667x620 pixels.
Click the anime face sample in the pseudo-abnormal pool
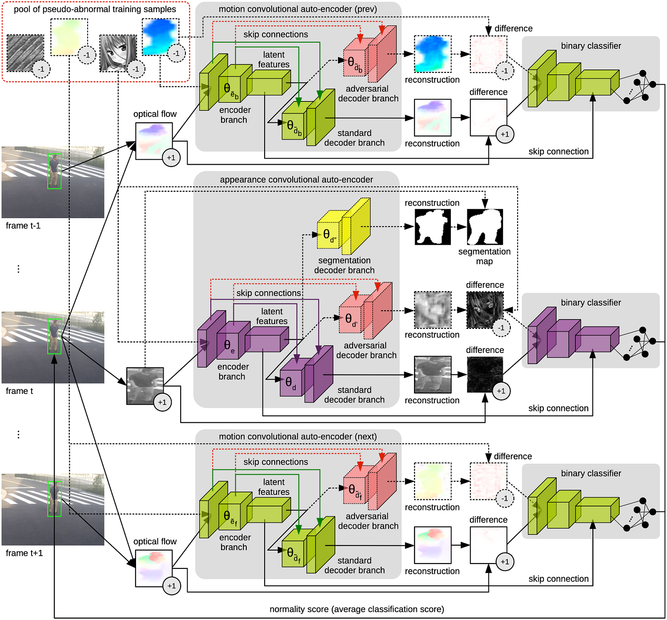(117, 52)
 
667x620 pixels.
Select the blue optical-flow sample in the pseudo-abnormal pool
(159, 36)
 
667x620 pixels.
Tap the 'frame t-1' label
(23, 226)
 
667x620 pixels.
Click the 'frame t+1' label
(24, 553)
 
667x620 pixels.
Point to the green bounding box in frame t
(55, 336)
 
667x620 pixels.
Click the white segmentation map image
(485, 227)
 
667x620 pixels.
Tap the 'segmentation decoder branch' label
(344, 265)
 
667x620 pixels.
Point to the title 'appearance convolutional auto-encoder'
(296, 180)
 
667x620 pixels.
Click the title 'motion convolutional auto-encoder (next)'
(297, 437)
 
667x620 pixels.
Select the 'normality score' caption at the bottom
(357, 609)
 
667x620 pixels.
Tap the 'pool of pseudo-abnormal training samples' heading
(95, 9)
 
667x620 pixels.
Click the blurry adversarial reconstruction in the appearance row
(432, 310)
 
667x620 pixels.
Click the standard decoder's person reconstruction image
(432, 374)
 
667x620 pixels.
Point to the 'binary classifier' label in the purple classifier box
(591, 303)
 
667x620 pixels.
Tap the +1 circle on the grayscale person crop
(162, 402)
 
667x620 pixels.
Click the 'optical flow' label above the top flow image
(155, 114)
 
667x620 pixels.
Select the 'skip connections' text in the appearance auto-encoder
(269, 293)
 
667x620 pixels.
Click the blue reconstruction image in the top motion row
(432, 54)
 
